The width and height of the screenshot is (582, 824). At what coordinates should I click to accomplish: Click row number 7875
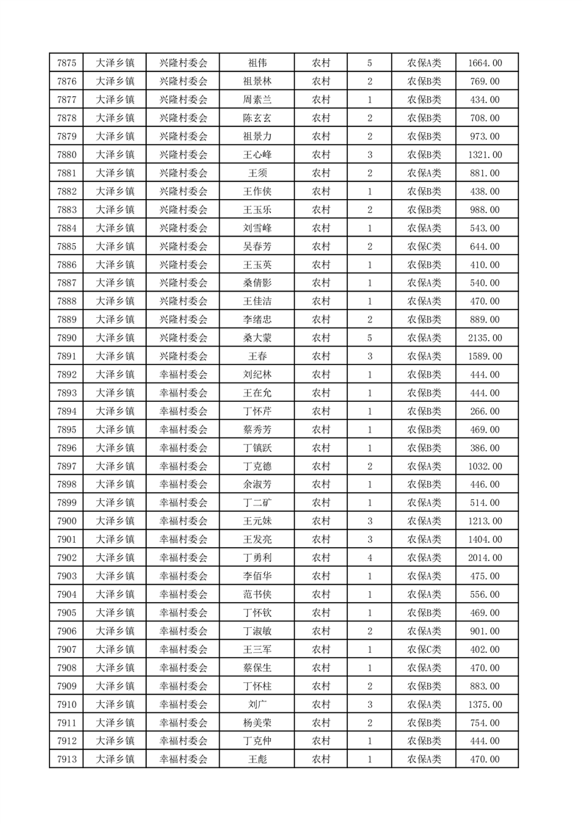(67, 63)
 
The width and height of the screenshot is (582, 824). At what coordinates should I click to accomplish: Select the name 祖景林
(257, 82)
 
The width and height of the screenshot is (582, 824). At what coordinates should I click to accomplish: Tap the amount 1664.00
(485, 63)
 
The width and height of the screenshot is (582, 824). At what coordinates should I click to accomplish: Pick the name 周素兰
(257, 100)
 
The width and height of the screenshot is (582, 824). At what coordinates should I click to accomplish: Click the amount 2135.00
(485, 338)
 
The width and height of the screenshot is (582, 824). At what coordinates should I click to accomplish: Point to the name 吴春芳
(257, 247)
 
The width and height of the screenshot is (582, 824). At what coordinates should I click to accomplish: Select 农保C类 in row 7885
(424, 247)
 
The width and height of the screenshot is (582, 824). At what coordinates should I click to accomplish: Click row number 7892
(67, 375)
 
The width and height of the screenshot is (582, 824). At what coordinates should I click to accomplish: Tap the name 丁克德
(257, 466)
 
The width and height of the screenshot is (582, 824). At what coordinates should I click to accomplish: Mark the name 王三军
(257, 649)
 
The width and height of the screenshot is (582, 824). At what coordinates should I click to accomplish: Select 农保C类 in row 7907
(424, 649)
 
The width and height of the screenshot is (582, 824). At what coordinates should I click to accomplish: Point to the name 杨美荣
(257, 723)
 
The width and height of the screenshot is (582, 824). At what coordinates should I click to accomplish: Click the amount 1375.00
(485, 704)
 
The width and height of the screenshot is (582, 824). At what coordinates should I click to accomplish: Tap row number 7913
(67, 759)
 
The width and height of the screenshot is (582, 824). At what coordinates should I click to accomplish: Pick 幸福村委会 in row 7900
(183, 521)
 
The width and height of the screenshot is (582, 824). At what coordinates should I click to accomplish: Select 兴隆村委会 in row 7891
(183, 356)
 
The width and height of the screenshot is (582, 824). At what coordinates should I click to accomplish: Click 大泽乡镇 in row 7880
(115, 155)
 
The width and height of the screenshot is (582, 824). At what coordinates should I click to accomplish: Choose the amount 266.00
(485, 411)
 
